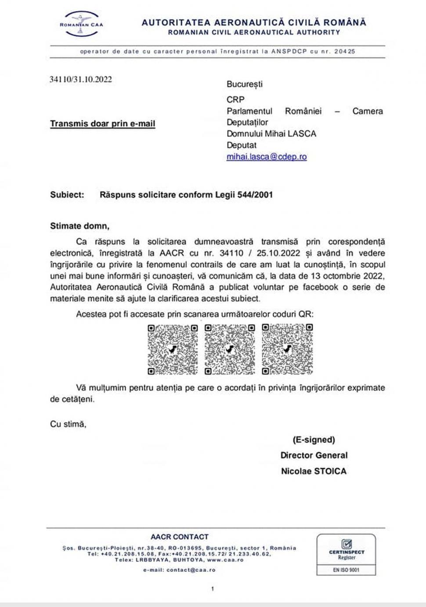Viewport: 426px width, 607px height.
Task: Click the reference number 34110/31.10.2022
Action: [81, 80]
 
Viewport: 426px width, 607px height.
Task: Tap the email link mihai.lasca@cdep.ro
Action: [267, 157]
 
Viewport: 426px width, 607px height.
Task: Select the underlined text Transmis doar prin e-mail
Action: [102, 124]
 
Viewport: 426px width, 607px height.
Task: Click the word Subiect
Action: [67, 195]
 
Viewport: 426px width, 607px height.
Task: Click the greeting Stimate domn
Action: [79, 226]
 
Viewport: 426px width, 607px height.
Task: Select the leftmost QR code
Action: [173, 349]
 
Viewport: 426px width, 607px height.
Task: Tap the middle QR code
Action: [230, 349]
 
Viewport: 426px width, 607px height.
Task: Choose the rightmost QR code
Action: [287, 349]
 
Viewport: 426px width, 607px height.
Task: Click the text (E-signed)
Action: [314, 440]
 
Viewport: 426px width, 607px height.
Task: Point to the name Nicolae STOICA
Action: [314, 471]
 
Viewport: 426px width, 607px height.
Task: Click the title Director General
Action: [314, 455]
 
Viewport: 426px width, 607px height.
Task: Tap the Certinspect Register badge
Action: [346, 554]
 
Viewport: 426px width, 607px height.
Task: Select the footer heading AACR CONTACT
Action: [179, 537]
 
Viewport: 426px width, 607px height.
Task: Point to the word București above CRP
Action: [244, 84]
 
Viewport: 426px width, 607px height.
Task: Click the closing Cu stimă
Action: [68, 424]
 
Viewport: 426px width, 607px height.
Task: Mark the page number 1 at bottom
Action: [213, 589]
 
